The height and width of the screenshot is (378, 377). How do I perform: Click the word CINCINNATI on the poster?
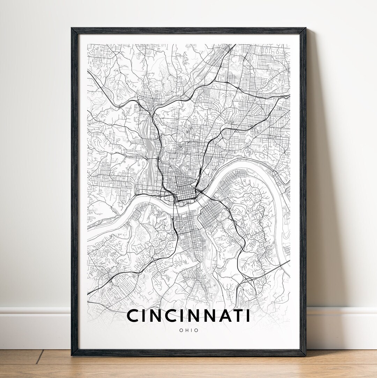[188, 316]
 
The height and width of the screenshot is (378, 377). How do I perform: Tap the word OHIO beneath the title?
[188, 330]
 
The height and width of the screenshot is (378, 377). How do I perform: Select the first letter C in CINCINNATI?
[133, 316]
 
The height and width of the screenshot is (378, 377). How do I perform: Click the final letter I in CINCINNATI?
[247, 316]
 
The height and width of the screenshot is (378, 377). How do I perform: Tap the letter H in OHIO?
[186, 330]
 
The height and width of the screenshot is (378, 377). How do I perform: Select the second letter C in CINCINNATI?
[158, 316]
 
